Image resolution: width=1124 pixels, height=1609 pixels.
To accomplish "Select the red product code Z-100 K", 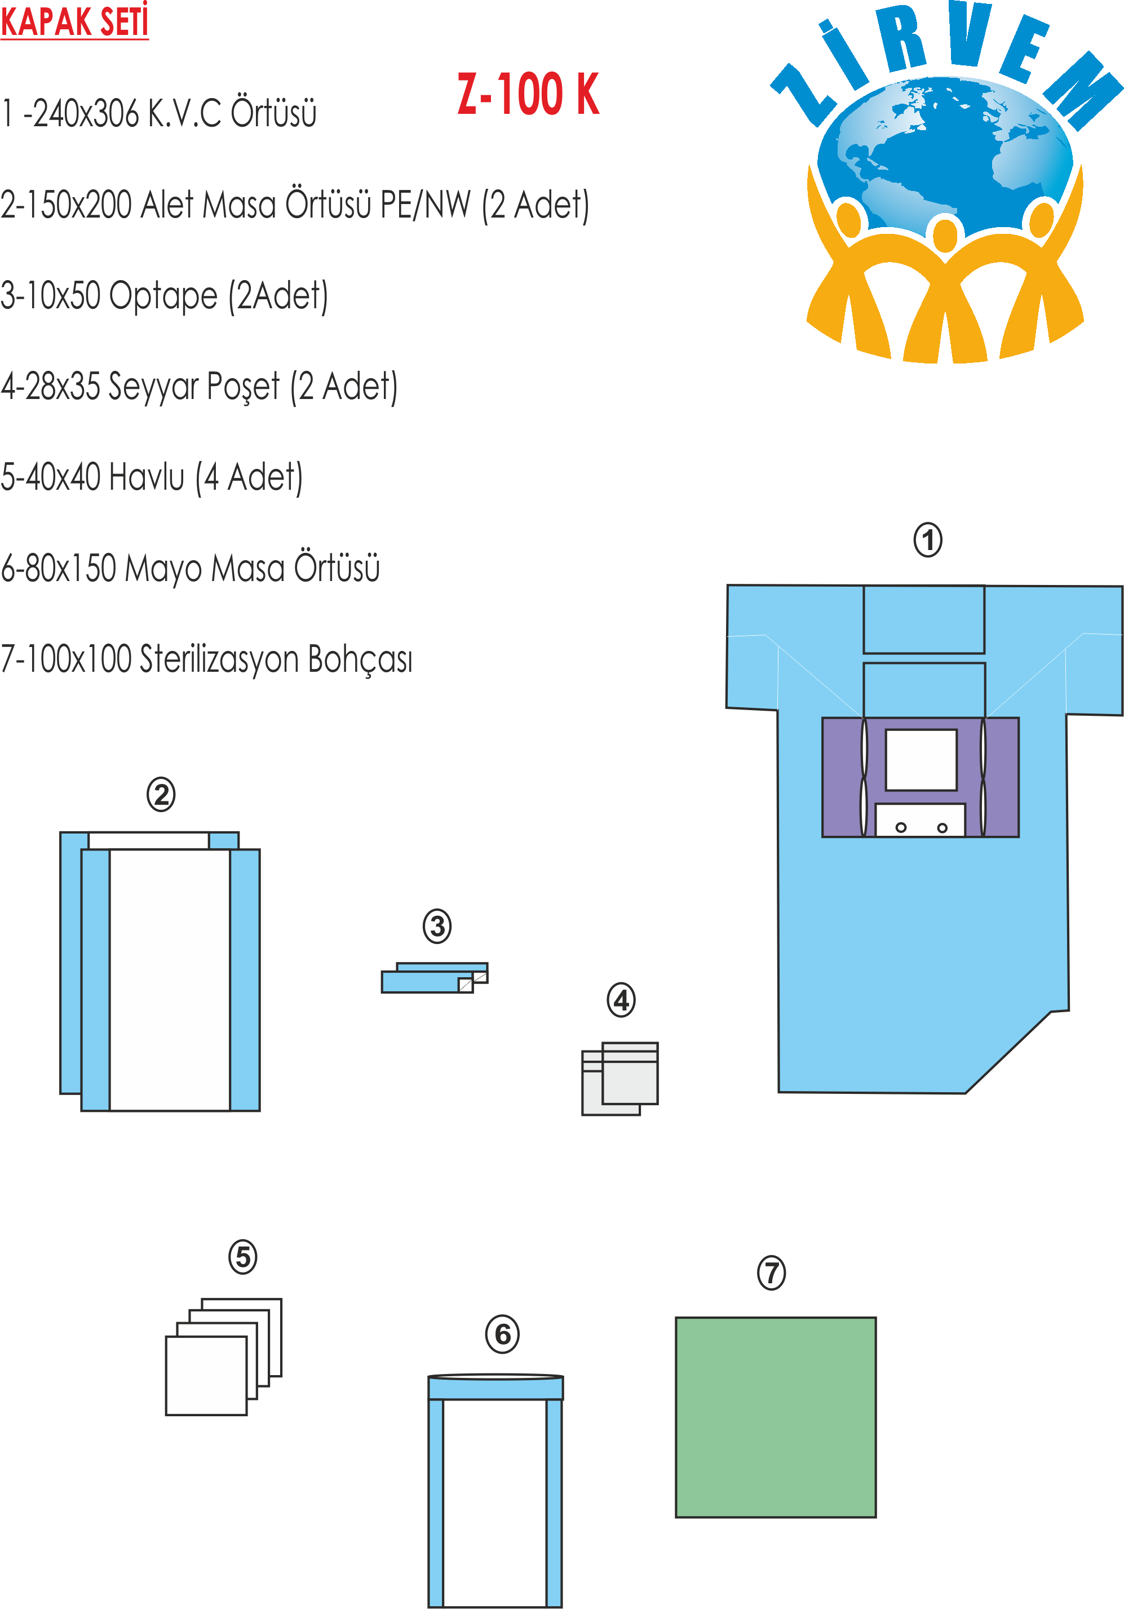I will tap(528, 95).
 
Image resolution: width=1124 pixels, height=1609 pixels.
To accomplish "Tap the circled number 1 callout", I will tap(928, 540).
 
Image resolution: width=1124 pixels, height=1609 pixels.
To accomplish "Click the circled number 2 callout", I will tap(161, 795).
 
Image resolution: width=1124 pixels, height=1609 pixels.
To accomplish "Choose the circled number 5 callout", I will tap(243, 1257).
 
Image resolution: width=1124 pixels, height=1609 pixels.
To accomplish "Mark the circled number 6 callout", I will tap(502, 1335).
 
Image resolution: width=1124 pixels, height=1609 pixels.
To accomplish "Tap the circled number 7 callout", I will tap(772, 1273).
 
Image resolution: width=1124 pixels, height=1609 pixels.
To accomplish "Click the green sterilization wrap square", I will tap(775, 1417).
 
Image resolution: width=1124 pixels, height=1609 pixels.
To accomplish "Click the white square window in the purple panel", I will tap(921, 760).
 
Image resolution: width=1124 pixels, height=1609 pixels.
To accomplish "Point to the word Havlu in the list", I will tap(147, 477).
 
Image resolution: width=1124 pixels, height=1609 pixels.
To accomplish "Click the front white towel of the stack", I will tap(206, 1376).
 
